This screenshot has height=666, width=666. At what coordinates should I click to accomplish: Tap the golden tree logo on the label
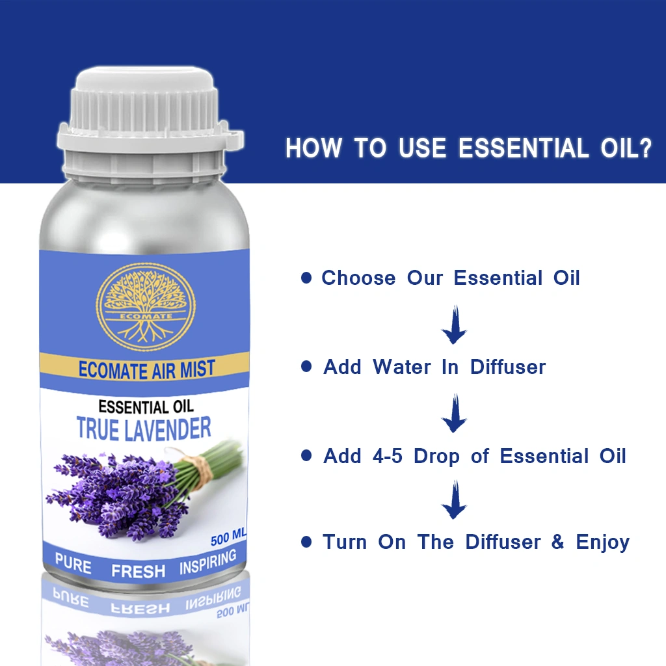pos(146,308)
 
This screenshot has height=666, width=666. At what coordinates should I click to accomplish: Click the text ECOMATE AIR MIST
pos(146,369)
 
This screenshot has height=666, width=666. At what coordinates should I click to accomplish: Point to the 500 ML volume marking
pos(228,537)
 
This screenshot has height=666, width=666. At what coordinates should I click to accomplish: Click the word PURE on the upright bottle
pos(73,564)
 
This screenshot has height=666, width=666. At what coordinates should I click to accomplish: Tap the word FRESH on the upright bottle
pos(138,571)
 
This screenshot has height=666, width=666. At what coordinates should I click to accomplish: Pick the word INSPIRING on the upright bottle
pos(207,561)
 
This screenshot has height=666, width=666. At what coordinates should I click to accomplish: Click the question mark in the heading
pos(645,148)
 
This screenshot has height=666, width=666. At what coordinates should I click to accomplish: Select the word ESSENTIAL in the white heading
pos(524,148)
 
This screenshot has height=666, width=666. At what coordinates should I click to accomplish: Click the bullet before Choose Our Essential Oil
pos(306,278)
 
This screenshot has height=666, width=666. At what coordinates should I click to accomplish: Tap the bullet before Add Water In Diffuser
pos(306,366)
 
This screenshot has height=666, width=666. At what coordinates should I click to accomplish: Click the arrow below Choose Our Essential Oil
pos(455,325)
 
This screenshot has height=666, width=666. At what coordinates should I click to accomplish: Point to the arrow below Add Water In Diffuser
pos(455,413)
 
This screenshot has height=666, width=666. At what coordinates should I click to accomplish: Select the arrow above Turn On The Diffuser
pos(455,499)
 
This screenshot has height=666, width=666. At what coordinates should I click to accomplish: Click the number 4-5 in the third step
pos(388,456)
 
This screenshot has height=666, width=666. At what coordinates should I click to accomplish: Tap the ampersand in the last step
pos(557,542)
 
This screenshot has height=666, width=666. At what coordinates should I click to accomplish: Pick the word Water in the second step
pos(402,367)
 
